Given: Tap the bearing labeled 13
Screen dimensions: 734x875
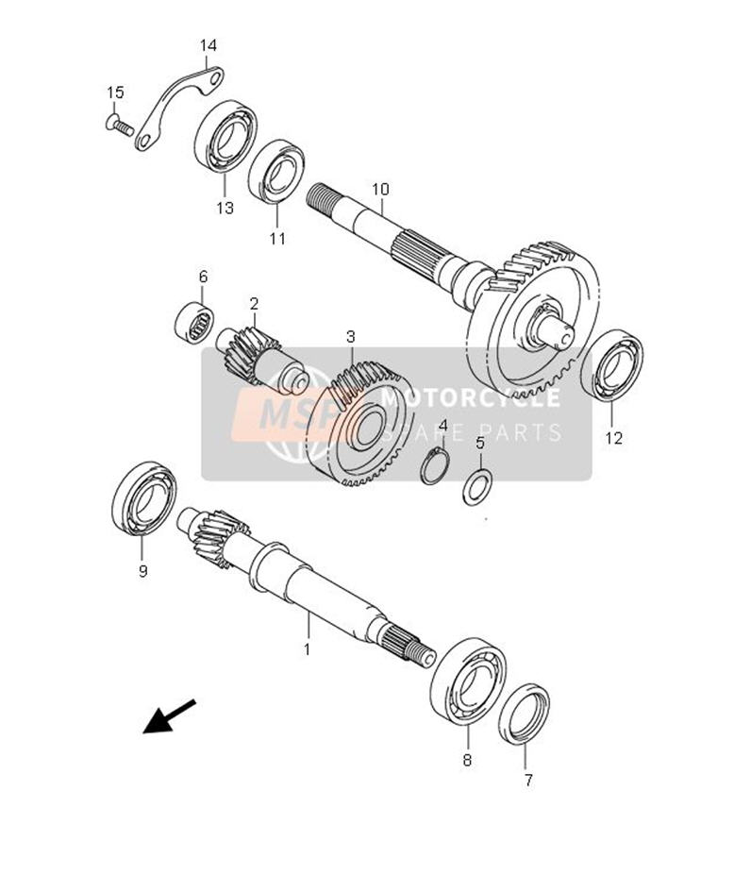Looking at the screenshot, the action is [x=225, y=136].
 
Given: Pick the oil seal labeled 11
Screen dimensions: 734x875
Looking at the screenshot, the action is [x=276, y=171].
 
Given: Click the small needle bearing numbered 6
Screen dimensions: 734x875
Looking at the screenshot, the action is [x=194, y=323].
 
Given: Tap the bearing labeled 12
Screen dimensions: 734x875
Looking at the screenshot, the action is [x=611, y=365].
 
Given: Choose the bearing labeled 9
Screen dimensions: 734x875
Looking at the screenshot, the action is [x=144, y=498].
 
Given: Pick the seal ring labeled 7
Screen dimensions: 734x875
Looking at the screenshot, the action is [x=524, y=715].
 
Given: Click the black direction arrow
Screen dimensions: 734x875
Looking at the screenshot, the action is [x=170, y=716].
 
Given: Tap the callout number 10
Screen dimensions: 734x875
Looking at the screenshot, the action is [x=380, y=189].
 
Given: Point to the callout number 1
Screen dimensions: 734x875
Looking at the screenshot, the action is [x=307, y=649].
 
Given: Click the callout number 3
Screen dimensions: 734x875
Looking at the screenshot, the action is [x=350, y=337].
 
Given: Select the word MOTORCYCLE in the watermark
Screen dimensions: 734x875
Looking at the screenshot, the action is [x=470, y=398].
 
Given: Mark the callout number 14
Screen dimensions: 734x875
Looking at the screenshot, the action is [x=209, y=45].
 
